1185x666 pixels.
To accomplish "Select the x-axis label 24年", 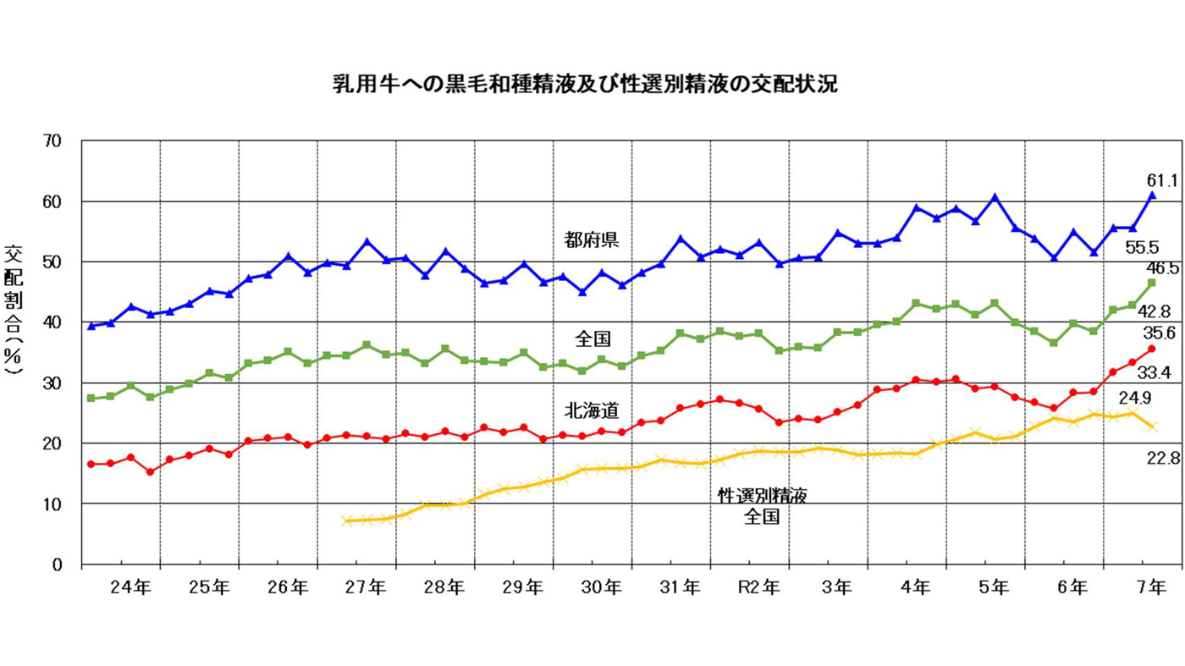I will coord(131,586).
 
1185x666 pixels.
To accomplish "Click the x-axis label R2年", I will coord(758,586).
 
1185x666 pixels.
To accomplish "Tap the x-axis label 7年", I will coord(1151,586).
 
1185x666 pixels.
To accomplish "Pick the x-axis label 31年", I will coord(681,586).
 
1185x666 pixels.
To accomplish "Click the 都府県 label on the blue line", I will coord(592,239).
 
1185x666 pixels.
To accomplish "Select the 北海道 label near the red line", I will coord(592,412).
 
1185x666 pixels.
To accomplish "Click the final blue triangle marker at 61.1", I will coord(1151,195).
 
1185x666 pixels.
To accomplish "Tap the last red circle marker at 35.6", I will coord(1151,349).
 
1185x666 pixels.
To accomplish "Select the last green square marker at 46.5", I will coord(1151,283).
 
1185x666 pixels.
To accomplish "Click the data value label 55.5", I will coord(1142,248).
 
